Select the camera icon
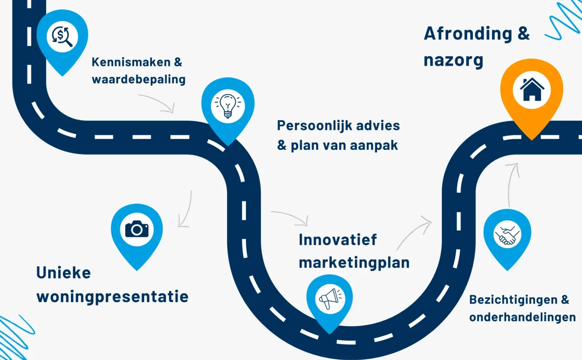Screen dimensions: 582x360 [x=137, y=229]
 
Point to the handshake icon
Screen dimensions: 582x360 [x=507, y=235]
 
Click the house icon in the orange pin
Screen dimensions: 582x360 [x=531, y=89]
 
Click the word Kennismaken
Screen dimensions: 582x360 [x=131, y=62]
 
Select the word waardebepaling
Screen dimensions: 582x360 [x=139, y=80]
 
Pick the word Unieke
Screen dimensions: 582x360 [x=64, y=273]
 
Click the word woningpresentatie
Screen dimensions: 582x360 [x=112, y=297]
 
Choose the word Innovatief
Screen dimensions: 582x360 [x=338, y=240]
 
